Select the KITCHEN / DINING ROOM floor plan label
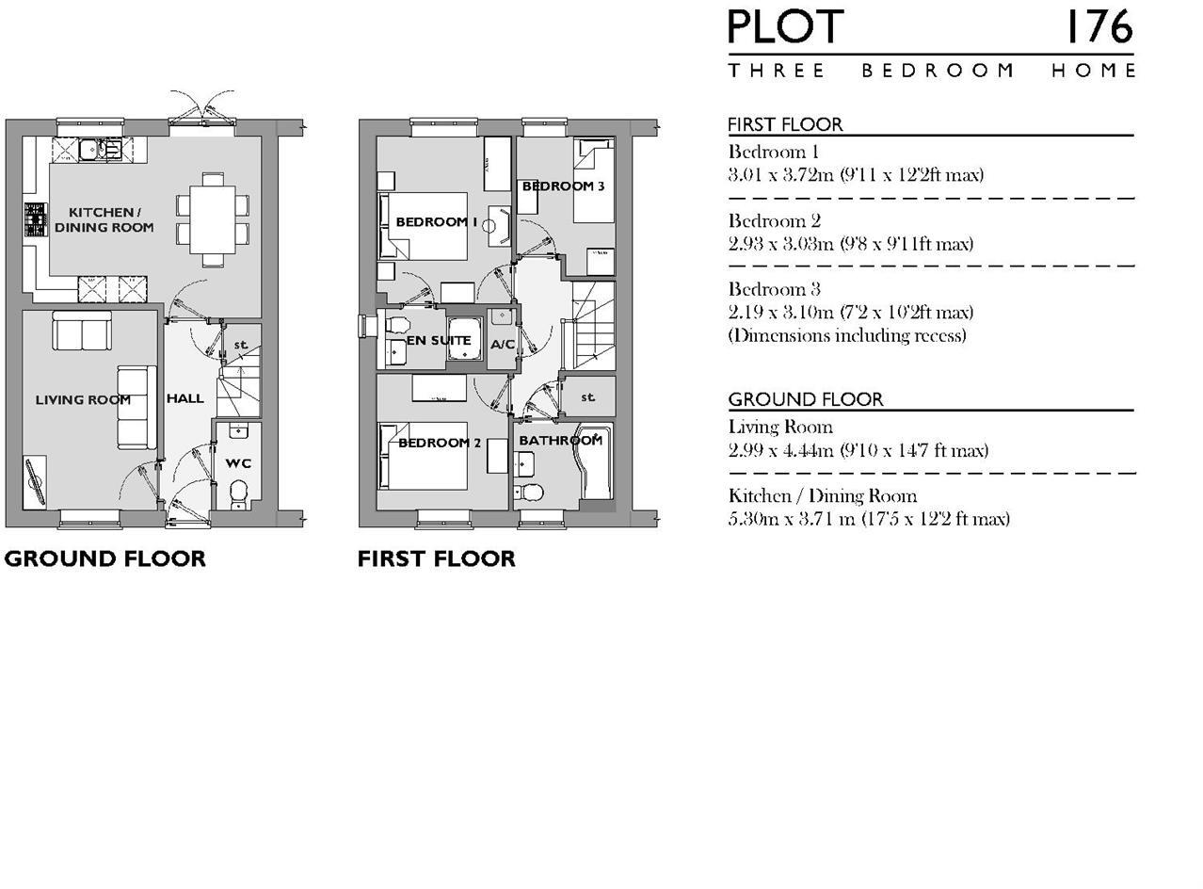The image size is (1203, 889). [104, 219]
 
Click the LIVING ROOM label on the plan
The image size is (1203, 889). [83, 399]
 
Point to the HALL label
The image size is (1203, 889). [184, 398]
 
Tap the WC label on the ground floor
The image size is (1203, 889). [238, 463]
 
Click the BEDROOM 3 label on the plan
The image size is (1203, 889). [563, 186]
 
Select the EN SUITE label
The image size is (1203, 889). [439, 340]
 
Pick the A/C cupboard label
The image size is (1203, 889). [503, 345]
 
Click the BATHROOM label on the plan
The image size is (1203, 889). [560, 440]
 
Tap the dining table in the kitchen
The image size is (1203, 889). [212, 218]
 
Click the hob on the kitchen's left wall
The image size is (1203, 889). [35, 219]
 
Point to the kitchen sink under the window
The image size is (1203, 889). [98, 149]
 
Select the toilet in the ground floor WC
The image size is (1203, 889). [239, 492]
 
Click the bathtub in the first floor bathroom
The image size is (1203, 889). [596, 463]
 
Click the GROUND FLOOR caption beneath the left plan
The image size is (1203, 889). [104, 558]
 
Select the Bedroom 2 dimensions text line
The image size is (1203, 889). [850, 244]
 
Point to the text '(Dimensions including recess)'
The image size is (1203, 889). [846, 335]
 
